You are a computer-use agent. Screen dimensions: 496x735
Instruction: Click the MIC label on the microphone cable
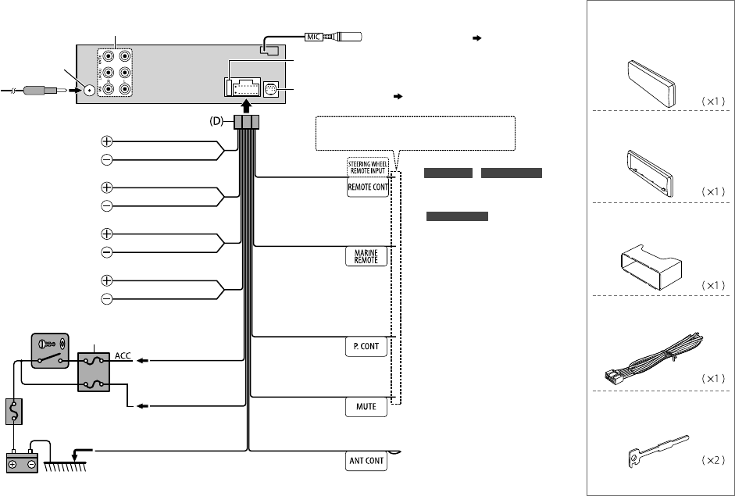[x=314, y=36]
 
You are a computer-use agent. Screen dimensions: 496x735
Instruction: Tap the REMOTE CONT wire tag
[x=367, y=187]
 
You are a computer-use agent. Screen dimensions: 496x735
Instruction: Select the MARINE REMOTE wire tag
[x=366, y=256]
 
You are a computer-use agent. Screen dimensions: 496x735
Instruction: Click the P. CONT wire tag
[x=366, y=347]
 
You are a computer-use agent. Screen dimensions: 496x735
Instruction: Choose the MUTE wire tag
[x=366, y=407]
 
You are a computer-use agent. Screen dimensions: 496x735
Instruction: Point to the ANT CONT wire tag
[x=366, y=460]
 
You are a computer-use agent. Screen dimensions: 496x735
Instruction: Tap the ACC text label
[x=123, y=355]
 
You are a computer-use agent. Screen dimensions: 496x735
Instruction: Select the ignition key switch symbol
[x=49, y=351]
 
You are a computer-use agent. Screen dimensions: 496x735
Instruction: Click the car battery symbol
[x=23, y=461]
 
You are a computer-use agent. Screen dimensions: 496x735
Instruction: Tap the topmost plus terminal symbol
[x=106, y=142]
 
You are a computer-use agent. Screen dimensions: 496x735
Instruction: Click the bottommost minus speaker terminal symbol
[x=106, y=299]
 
